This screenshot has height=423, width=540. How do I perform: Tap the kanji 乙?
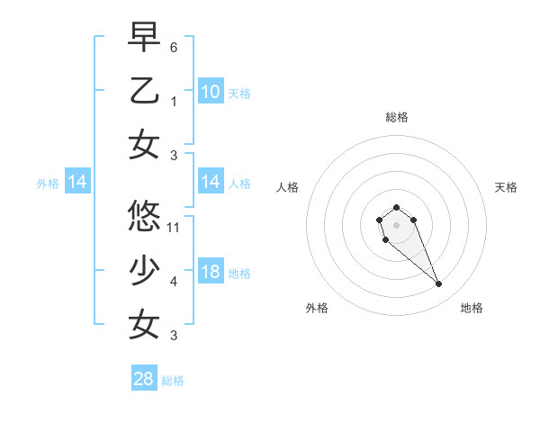tap(144, 91)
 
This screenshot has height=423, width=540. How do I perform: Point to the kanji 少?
tap(144, 269)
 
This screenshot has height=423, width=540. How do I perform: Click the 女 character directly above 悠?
tap(144, 146)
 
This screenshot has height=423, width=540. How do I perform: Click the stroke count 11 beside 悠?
tap(174, 227)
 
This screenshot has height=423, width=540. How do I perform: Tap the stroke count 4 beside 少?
tap(174, 282)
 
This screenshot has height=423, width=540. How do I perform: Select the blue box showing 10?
tap(211, 91)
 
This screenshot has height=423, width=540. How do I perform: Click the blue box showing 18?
tap(211, 273)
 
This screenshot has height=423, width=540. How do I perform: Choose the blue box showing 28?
tap(144, 379)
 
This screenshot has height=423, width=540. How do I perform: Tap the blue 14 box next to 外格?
tap(77, 183)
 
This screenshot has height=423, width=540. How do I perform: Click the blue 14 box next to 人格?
tap(211, 183)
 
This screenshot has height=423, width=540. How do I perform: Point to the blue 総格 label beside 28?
tap(173, 381)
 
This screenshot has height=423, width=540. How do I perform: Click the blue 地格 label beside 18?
tap(239, 274)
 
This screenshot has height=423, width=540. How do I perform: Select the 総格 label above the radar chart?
tap(396, 117)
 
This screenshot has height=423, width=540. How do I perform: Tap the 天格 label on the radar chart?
tap(506, 187)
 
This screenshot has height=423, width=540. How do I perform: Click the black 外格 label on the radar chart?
tap(317, 308)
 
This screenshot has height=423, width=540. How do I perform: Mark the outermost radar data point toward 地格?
tap(439, 284)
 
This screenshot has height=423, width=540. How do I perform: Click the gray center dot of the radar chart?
tap(396, 224)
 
